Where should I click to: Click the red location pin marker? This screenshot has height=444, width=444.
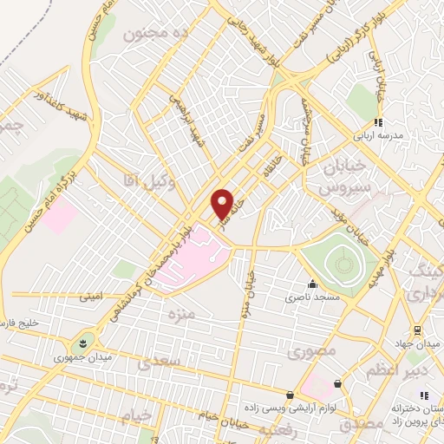pyautogui.click(x=222, y=205)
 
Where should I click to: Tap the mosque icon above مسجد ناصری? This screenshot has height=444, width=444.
pyautogui.click(x=312, y=284)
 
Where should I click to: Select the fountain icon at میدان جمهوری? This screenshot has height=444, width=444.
pyautogui.click(x=84, y=343)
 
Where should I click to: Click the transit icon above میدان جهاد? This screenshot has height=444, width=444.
pyautogui.click(x=416, y=330)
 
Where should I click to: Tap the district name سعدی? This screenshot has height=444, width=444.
pyautogui.click(x=161, y=358)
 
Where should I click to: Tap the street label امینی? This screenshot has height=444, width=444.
pyautogui.click(x=91, y=297)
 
